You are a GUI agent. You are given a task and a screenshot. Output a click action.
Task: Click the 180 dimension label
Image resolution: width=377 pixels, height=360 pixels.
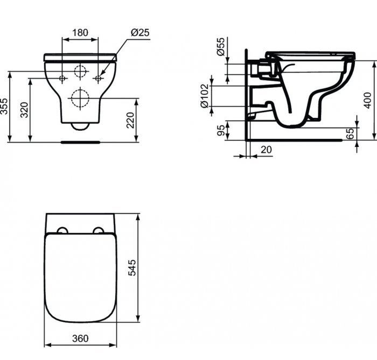80,32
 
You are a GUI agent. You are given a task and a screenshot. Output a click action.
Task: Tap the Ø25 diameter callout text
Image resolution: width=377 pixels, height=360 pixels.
140,32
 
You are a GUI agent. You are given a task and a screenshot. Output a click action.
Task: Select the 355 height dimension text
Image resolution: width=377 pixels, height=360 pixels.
4,106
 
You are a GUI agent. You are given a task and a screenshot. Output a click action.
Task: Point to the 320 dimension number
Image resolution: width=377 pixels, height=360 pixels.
24,110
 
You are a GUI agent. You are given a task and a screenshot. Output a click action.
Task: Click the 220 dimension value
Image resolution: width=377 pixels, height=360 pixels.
130,120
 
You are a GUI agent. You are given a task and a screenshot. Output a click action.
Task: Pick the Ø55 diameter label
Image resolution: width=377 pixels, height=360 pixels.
220,47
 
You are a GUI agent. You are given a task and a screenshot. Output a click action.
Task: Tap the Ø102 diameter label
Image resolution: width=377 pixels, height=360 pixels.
205,96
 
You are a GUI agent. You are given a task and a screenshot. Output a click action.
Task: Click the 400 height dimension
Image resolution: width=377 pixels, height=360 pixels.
368,101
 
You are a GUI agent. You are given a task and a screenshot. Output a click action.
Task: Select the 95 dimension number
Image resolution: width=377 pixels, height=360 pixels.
221,130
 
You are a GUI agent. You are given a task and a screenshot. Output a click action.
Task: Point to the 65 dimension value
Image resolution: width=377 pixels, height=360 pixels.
351,133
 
